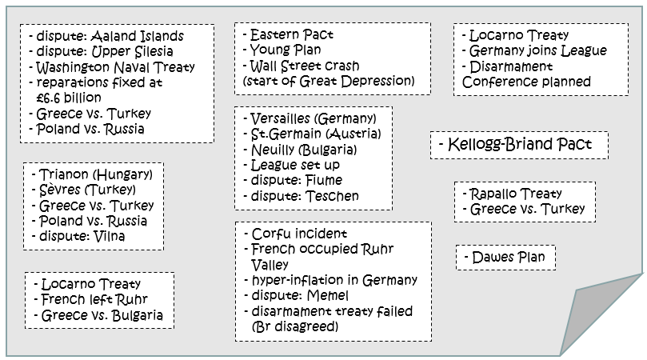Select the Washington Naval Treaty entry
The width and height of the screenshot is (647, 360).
115,67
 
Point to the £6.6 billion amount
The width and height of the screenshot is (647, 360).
68,98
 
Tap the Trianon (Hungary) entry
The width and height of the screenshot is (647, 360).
92,175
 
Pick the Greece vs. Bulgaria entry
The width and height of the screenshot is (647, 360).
102,315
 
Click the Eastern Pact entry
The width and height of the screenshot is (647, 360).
293,35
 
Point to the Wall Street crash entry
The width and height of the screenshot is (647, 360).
305,66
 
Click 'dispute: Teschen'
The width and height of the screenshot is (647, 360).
305,195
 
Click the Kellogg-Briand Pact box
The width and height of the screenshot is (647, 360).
519,146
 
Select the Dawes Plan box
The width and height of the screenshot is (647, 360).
505,258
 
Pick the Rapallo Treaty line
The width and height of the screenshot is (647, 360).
515,194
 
